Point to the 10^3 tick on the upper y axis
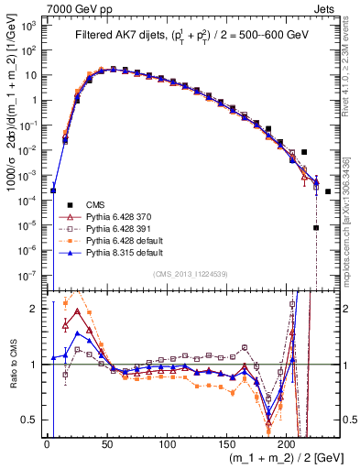(30, 26)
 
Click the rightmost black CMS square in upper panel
(328, 191)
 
